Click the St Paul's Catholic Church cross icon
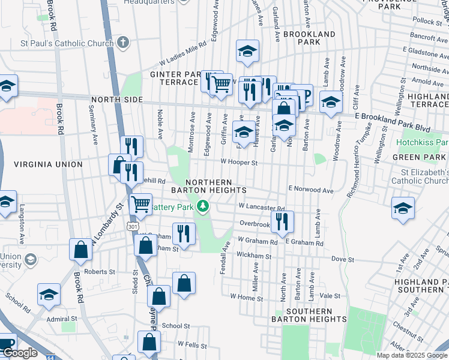click(x=122, y=43)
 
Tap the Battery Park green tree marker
click(x=203, y=207)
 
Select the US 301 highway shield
click(x=133, y=225)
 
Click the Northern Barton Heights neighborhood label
click(x=216, y=186)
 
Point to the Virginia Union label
click(x=48, y=164)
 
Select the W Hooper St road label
click(x=239, y=162)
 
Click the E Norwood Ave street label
click(x=310, y=190)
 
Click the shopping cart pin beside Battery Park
click(x=140, y=203)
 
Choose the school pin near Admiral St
click(x=49, y=294)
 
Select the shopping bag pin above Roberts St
click(x=80, y=250)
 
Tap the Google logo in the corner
click(x=20, y=353)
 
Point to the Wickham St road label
click(x=255, y=256)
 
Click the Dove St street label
click(x=343, y=259)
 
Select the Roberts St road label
click(x=100, y=271)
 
